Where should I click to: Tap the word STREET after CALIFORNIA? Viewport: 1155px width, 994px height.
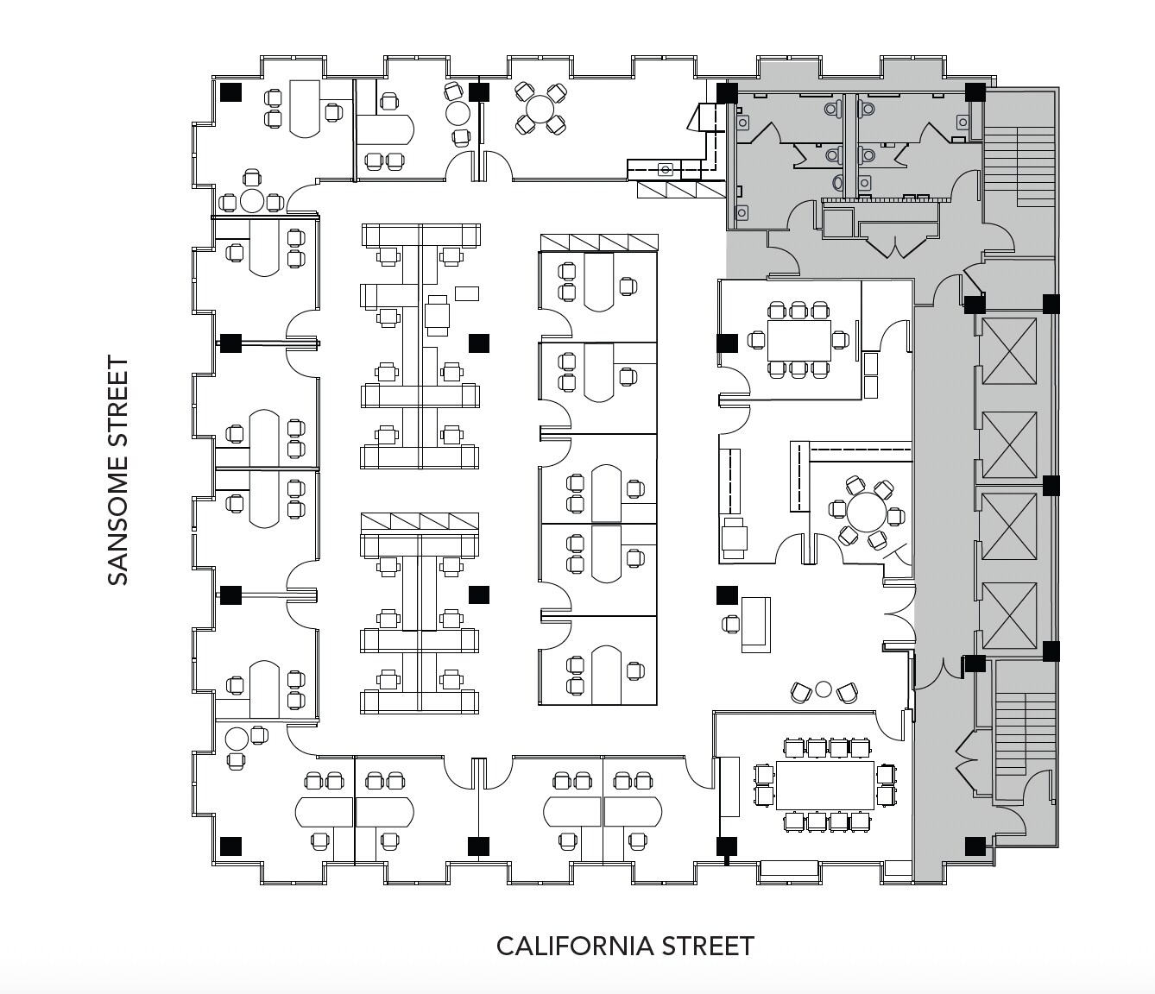(708, 947)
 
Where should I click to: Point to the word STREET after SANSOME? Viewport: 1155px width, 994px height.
(118, 396)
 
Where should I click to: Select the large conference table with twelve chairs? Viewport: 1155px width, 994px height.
(825, 784)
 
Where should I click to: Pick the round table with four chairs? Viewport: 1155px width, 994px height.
(540, 110)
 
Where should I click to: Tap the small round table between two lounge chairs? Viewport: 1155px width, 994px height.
(823, 689)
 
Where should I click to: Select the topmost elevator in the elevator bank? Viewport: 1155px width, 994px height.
(1009, 351)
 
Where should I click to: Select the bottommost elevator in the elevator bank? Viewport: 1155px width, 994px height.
(1009, 615)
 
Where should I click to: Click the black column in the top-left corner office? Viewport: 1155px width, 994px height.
(230, 91)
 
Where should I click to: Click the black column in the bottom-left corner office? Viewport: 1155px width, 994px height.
(230, 846)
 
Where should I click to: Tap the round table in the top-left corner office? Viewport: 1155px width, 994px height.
(251, 201)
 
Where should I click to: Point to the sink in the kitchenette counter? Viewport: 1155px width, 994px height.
(665, 169)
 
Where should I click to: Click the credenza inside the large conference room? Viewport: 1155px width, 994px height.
(729, 786)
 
